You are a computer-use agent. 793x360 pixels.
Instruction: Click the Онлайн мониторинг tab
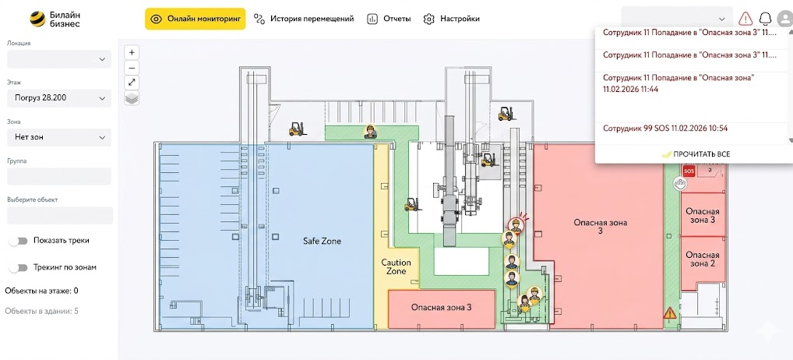196,19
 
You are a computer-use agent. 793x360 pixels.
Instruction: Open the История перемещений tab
304,19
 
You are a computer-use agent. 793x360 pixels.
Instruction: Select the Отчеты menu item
389,19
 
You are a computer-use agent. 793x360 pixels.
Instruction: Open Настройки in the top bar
451,19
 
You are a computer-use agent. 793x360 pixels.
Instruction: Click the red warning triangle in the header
745,19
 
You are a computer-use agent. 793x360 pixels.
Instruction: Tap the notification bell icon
765,19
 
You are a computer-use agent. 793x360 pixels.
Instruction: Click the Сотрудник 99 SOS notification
665,129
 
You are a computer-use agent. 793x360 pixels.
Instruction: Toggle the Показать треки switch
18,241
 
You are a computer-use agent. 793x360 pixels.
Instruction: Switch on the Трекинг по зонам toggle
18,267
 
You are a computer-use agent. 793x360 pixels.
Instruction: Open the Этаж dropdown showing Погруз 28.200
59,98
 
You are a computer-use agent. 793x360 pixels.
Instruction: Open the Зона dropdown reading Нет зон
59,137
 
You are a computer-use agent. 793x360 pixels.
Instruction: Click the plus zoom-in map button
132,52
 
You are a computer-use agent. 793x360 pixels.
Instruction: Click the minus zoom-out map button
132,68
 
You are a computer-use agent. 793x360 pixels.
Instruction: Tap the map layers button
132,98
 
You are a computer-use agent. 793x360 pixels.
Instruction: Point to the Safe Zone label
322,242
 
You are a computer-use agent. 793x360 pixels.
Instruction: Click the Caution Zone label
396,267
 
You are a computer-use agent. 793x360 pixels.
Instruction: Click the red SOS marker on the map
689,171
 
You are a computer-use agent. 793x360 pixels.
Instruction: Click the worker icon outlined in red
516,225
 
